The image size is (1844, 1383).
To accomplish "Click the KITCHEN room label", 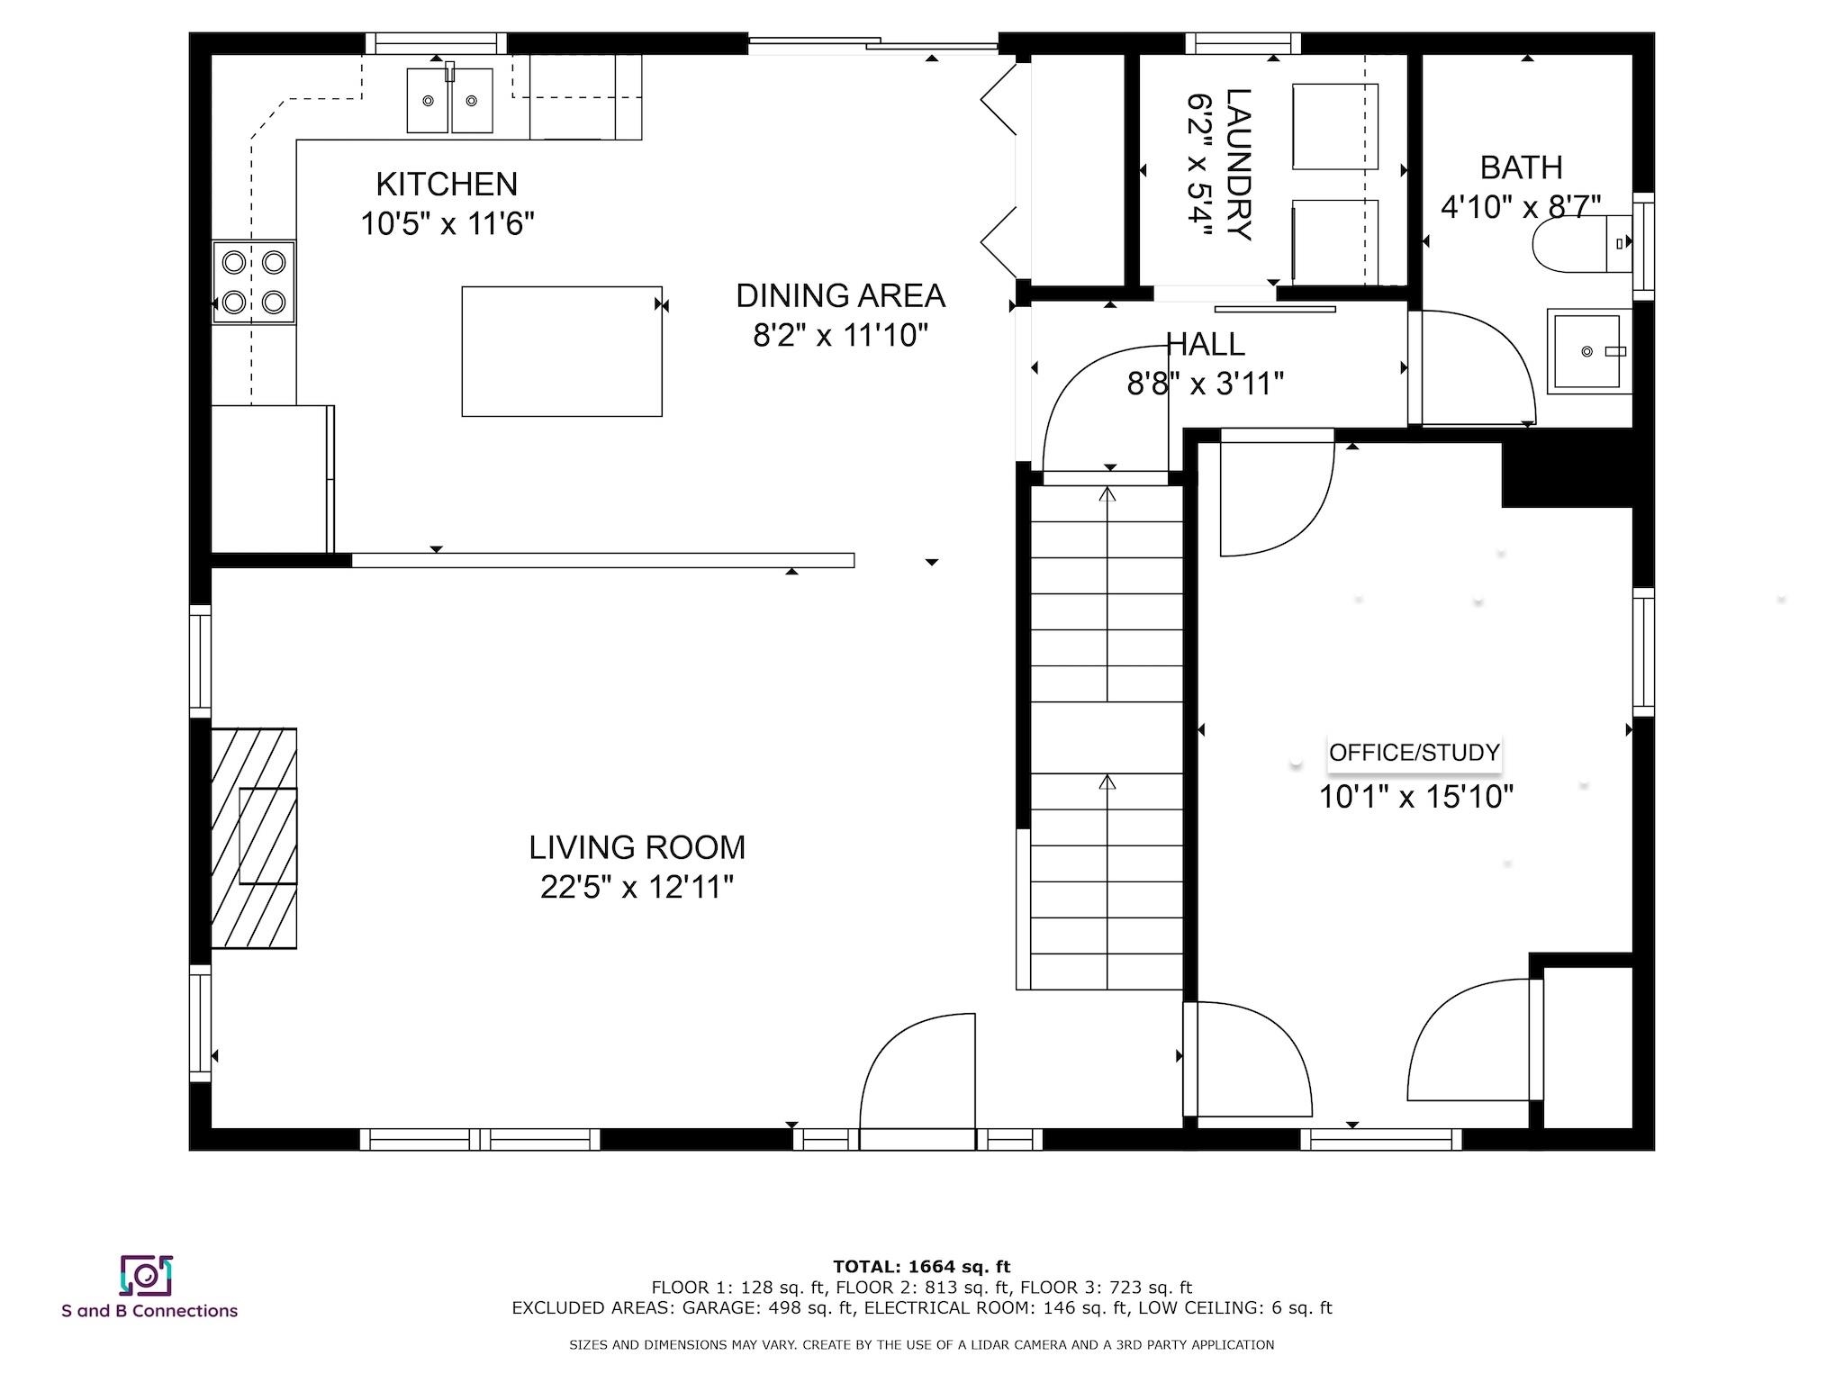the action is pyautogui.click(x=447, y=184).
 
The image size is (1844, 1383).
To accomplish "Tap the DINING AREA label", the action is pyautogui.click(x=840, y=295).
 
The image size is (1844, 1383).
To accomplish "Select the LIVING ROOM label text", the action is pyautogui.click(x=637, y=847).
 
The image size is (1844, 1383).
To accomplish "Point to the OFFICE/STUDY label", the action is pyautogui.click(x=1415, y=753).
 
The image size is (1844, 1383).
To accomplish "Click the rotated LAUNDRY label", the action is pyautogui.click(x=1238, y=165).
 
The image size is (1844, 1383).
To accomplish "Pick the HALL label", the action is pyautogui.click(x=1206, y=344).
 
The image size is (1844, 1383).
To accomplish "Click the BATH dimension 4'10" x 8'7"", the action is pyautogui.click(x=1521, y=207).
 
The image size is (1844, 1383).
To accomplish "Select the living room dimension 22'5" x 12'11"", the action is pyautogui.click(x=637, y=888).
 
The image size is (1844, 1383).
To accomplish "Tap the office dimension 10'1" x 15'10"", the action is pyautogui.click(x=1416, y=797).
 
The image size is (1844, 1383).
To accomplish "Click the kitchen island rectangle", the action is pyautogui.click(x=562, y=351).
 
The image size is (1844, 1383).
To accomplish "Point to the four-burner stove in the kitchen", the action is pyautogui.click(x=254, y=282).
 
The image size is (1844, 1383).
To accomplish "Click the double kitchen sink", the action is pyautogui.click(x=449, y=100).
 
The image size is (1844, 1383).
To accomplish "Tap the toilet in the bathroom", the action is pyautogui.click(x=1582, y=243).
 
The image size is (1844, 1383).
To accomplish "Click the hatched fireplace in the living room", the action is pyautogui.click(x=254, y=837).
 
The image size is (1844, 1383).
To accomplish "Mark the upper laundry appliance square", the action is pyautogui.click(x=1335, y=127).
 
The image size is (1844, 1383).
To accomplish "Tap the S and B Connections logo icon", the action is pyautogui.click(x=146, y=1275).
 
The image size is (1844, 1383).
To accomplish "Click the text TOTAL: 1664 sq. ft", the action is pyautogui.click(x=922, y=1267).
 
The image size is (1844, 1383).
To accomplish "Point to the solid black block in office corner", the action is pyautogui.click(x=1567, y=468).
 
